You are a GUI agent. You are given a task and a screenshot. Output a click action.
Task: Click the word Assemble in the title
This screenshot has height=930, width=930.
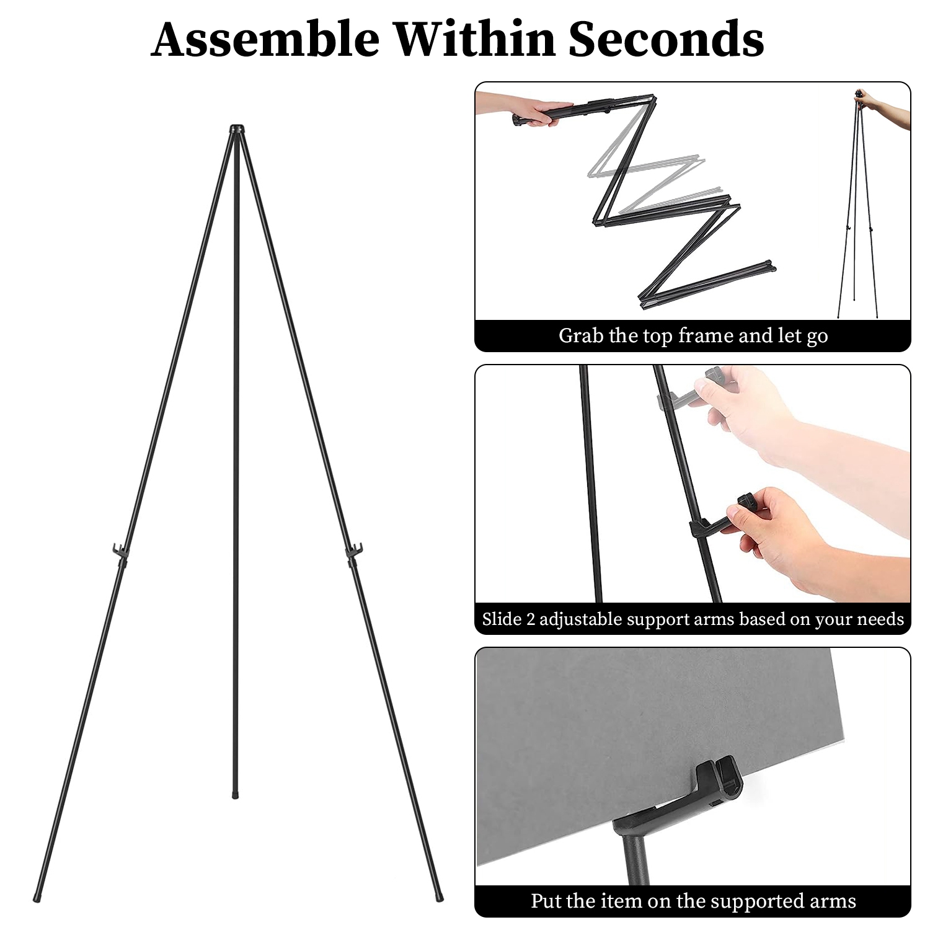tap(265, 39)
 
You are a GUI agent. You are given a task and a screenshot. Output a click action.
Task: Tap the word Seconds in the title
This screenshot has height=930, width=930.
tap(666, 39)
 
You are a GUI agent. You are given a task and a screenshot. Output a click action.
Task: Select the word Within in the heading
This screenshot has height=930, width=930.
tap(474, 39)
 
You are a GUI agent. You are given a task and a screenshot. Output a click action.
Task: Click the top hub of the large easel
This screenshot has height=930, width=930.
tap(237, 130)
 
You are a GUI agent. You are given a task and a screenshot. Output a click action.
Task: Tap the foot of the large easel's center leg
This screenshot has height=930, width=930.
tap(236, 794)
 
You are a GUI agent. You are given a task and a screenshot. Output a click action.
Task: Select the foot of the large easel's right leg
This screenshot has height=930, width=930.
tap(439, 897)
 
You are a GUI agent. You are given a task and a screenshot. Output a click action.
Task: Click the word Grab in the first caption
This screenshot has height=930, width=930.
tap(580, 335)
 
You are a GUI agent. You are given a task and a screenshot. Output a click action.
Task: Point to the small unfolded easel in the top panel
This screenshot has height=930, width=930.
tap(858, 211)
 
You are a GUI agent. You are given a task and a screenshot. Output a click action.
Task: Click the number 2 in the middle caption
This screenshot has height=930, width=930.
tap(530, 619)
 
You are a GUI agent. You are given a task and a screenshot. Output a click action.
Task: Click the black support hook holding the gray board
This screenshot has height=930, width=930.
tap(713, 790)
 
